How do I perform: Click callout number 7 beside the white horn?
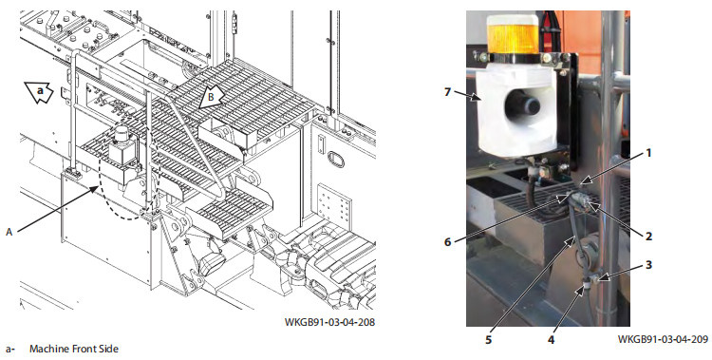click(x=447, y=92)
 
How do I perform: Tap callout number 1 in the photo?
click(x=649, y=153)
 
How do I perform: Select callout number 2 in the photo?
click(x=649, y=236)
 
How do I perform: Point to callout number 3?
click(x=649, y=265)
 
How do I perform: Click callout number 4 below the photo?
click(x=552, y=339)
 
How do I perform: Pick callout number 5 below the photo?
click(x=488, y=339)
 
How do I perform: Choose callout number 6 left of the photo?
click(x=448, y=242)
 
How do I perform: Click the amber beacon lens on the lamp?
click(x=513, y=39)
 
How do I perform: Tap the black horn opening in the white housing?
click(x=523, y=104)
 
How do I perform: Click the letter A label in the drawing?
click(x=9, y=232)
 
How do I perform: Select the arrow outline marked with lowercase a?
click(x=41, y=92)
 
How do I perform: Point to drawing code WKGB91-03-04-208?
click(x=329, y=322)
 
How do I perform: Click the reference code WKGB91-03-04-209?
click(x=663, y=339)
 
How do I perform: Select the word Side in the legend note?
click(x=109, y=350)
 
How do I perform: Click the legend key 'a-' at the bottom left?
click(x=10, y=350)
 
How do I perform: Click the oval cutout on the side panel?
click(x=335, y=159)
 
